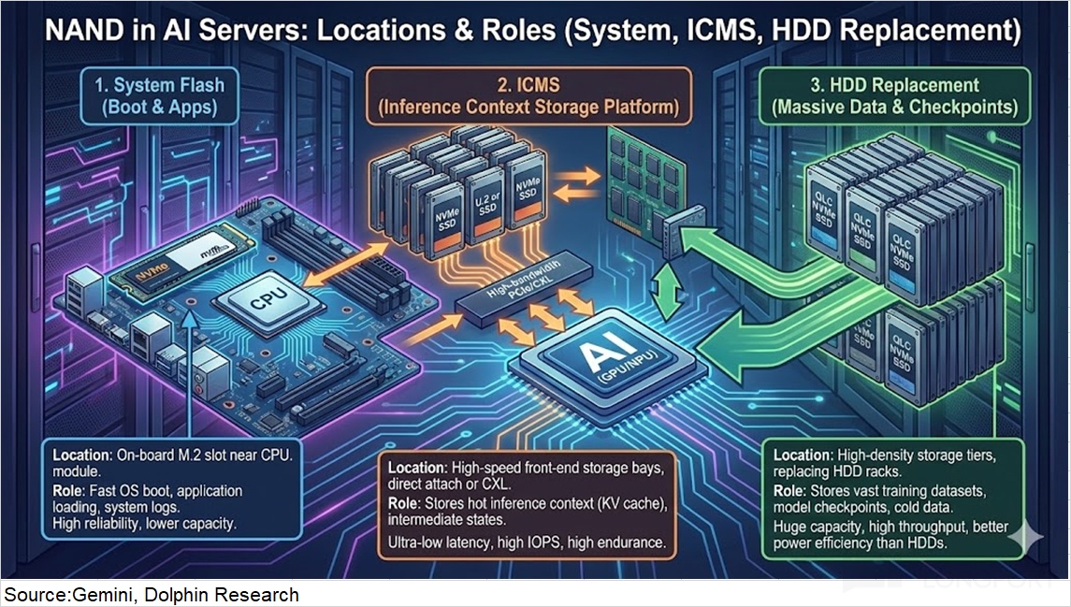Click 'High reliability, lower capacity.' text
coord(144,523)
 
